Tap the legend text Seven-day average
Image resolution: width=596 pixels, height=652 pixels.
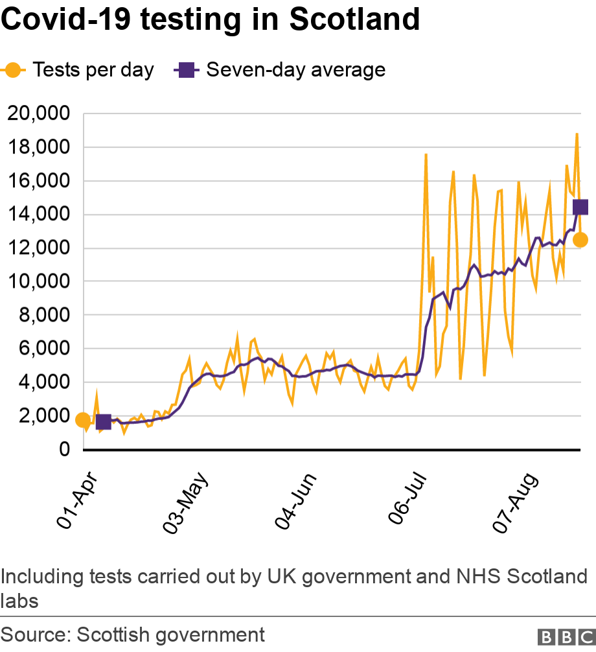[295, 70]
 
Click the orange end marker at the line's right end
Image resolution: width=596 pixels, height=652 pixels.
[580, 240]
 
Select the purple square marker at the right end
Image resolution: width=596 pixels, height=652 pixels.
[580, 207]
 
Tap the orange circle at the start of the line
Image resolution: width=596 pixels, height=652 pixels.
[83, 420]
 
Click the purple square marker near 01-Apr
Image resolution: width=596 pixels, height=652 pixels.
[104, 423]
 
